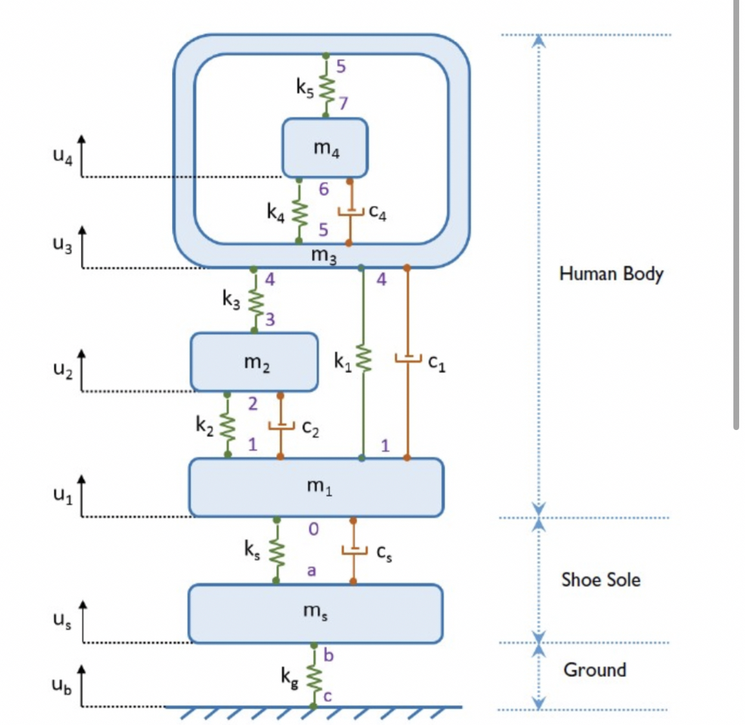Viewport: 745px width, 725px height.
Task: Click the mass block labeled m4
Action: coord(325,148)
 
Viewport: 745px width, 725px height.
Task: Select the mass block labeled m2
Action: coord(254,362)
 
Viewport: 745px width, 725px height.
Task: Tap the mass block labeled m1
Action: coord(316,487)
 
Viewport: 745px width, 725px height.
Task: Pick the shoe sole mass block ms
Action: coord(315,612)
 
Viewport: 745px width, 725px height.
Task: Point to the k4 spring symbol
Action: coord(299,211)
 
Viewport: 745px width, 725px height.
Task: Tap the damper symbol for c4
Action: coord(350,211)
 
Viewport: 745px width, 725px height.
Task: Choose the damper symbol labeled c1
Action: coord(407,358)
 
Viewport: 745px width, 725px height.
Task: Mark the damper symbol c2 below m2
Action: coord(280,425)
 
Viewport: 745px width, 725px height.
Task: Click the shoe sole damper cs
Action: coord(353,550)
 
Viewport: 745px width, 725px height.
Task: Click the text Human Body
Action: coord(611,274)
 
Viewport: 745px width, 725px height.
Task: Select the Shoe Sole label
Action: coord(600,579)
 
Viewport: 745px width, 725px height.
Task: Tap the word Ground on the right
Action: coord(594,669)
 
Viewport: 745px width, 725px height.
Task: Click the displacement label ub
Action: coord(62,685)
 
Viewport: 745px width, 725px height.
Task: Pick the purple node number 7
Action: coord(343,103)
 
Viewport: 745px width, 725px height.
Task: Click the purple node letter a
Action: coord(312,571)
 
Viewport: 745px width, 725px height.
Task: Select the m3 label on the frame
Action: coord(323,255)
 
